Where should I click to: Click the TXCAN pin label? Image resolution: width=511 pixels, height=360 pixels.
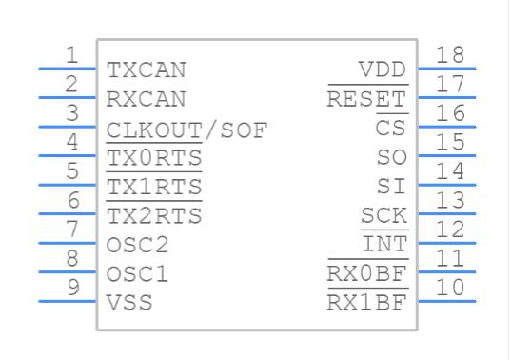point(147,70)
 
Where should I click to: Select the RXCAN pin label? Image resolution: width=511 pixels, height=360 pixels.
point(147,99)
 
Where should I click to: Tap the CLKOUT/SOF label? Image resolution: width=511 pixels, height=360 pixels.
point(187,130)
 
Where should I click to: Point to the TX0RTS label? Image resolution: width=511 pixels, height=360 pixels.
point(154,157)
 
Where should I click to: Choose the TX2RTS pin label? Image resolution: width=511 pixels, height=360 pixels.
point(154,215)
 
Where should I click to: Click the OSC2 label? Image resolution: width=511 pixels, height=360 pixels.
point(138,245)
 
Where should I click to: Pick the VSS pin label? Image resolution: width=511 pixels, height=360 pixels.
point(129,303)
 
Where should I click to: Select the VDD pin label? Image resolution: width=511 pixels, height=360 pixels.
point(383,70)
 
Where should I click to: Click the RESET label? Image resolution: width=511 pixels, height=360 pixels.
point(367,98)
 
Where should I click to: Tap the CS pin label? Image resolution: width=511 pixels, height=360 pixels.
point(391,128)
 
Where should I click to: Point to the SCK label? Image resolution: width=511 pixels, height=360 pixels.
point(384,215)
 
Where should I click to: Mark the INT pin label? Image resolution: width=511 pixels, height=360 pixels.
point(384,244)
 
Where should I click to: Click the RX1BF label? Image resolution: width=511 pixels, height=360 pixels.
point(367,302)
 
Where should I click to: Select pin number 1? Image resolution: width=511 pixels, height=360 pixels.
point(72,55)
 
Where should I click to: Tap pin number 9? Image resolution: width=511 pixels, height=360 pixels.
point(73,288)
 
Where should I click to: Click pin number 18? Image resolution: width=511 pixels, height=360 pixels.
point(450,55)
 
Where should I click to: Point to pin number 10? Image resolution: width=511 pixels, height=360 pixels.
point(450,288)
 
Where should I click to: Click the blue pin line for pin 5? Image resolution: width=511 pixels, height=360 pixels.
point(68,185)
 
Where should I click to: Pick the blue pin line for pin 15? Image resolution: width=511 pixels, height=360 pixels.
point(447,155)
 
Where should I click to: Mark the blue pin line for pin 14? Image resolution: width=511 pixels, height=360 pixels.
point(447,185)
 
